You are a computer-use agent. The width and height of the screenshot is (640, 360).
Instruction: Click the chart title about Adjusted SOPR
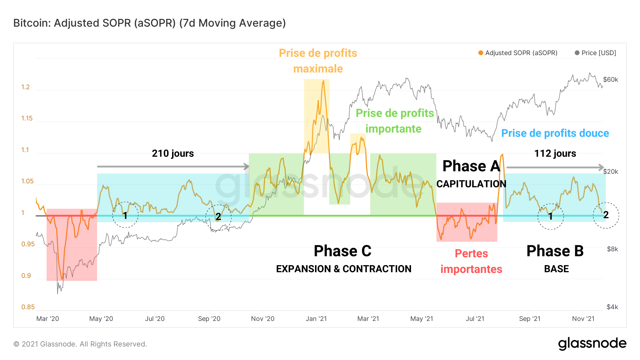coord(149,23)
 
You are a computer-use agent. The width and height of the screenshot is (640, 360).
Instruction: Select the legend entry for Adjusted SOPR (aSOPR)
coord(518,53)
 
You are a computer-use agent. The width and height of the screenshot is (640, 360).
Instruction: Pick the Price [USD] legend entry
coord(595,53)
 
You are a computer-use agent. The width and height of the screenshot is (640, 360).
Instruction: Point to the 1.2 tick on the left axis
coord(26,87)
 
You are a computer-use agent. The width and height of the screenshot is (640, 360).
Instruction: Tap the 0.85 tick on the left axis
coord(28,307)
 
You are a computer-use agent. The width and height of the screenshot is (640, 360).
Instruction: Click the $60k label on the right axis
coord(610,80)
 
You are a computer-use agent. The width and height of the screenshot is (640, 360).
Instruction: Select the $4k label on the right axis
coord(612,307)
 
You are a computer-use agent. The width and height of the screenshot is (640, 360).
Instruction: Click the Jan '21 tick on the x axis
coord(316,319)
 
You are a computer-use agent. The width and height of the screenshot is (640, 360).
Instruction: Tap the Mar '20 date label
coord(48,319)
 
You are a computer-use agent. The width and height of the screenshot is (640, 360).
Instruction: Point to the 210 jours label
coord(173,154)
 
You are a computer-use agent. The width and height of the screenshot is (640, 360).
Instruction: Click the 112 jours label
coord(555,154)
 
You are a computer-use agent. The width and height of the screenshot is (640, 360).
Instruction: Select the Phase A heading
coord(471,166)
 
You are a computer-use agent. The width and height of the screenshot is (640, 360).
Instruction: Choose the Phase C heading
coord(342,251)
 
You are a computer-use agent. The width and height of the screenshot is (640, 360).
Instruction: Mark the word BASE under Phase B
coord(556,269)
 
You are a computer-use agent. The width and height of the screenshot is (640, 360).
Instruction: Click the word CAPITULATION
coord(471,184)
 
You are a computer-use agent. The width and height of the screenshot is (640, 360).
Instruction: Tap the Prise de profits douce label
coord(555,133)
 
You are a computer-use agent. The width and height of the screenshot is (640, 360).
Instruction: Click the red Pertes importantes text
coord(471,261)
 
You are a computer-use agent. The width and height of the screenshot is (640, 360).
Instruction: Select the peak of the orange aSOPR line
coord(323,81)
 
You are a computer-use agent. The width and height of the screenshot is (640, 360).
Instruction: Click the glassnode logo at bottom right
coord(592,344)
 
